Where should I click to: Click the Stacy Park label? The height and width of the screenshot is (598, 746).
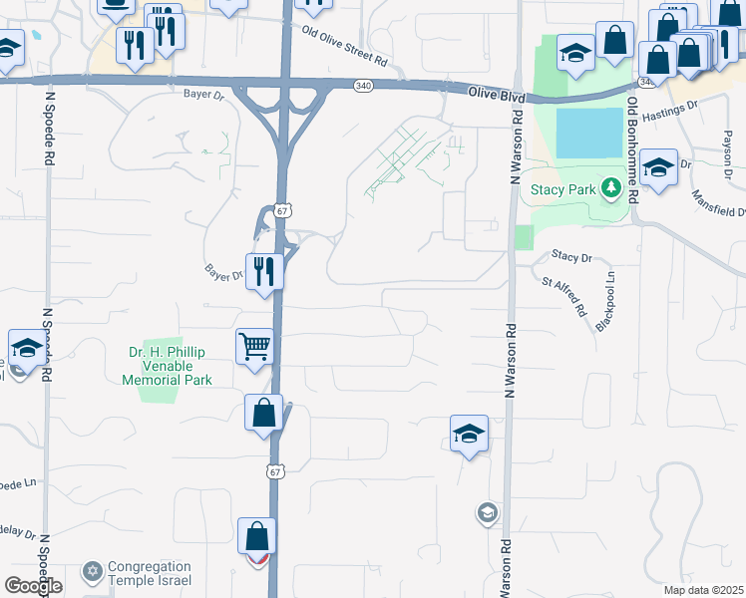(x=562, y=188)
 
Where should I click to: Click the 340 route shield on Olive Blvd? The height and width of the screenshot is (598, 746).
(x=363, y=87)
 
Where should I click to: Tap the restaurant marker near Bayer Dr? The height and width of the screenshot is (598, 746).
(x=264, y=270)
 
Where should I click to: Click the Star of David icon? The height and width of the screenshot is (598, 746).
(x=93, y=571)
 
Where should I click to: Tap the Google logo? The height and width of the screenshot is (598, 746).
(x=33, y=586)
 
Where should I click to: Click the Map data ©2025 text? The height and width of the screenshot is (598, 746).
(x=703, y=590)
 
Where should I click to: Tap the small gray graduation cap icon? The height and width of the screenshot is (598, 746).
(x=487, y=513)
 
